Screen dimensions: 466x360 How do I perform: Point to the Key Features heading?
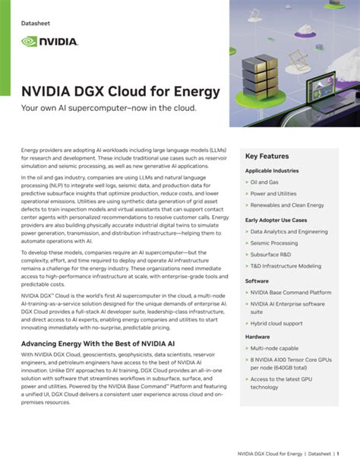[267, 156]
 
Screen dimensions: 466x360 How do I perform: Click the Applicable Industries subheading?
[273, 170]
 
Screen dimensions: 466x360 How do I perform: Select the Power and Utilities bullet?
[276, 194]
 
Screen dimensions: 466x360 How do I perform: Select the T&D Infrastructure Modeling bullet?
[287, 266]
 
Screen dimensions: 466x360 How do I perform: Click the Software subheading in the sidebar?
[257, 281]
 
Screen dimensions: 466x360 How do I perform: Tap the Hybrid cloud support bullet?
[276, 323]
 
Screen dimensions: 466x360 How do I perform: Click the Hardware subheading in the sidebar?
[258, 337]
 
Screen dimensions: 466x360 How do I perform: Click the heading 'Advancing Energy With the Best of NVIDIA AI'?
[104, 344]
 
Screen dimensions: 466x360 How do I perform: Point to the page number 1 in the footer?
[338, 453]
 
